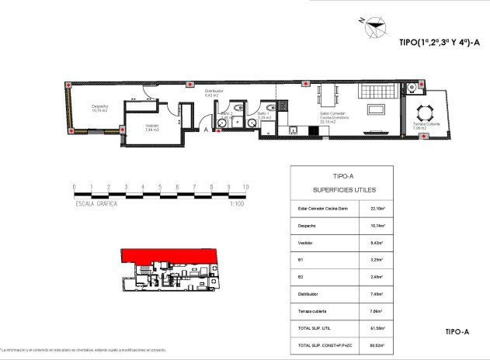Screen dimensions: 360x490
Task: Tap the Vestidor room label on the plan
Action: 151,128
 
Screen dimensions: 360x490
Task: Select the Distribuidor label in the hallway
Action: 214,93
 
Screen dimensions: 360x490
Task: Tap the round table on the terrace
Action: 427,111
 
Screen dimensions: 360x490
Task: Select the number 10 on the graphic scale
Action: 245,187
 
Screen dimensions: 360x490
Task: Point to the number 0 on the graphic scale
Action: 74,187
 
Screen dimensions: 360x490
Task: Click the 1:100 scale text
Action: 238,204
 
